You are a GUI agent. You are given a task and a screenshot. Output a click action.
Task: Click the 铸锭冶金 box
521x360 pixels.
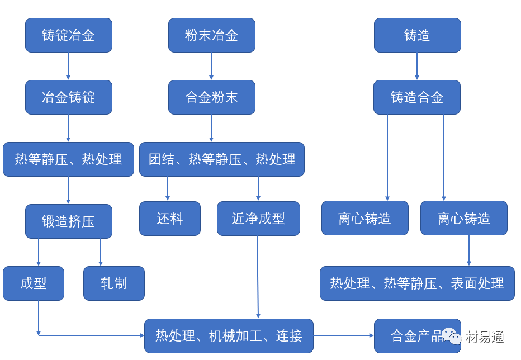(x=68, y=35)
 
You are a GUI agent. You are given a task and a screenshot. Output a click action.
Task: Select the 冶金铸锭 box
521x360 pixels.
(x=68, y=97)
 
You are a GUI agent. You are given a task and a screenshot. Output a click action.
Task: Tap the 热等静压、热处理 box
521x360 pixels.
(x=68, y=159)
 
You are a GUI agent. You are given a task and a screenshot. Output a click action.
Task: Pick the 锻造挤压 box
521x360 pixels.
(x=68, y=221)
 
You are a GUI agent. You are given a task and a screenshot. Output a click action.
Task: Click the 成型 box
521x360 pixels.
(x=34, y=283)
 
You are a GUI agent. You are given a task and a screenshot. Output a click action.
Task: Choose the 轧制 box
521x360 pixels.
(x=114, y=283)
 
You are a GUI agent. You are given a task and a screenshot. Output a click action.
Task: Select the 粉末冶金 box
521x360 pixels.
(x=212, y=35)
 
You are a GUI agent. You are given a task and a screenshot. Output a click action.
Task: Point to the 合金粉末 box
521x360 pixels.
(x=212, y=97)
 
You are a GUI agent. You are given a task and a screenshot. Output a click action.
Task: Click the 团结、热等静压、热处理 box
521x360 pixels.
(x=222, y=159)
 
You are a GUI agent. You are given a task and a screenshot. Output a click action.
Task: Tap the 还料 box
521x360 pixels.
(x=170, y=219)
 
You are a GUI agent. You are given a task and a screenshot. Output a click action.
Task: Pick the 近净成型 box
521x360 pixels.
(x=258, y=219)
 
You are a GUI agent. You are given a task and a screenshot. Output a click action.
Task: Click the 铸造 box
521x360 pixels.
(x=417, y=35)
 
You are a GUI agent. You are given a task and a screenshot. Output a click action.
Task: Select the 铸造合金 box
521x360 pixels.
(x=417, y=97)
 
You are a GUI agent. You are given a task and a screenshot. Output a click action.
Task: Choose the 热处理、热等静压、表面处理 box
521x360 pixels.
(x=417, y=283)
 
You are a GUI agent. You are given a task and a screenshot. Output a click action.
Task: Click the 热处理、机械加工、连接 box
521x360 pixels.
(x=229, y=336)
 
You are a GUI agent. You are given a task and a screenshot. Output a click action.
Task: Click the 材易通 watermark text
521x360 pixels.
(x=485, y=337)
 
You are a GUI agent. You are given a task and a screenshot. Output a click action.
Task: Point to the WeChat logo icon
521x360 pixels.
(x=452, y=336)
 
